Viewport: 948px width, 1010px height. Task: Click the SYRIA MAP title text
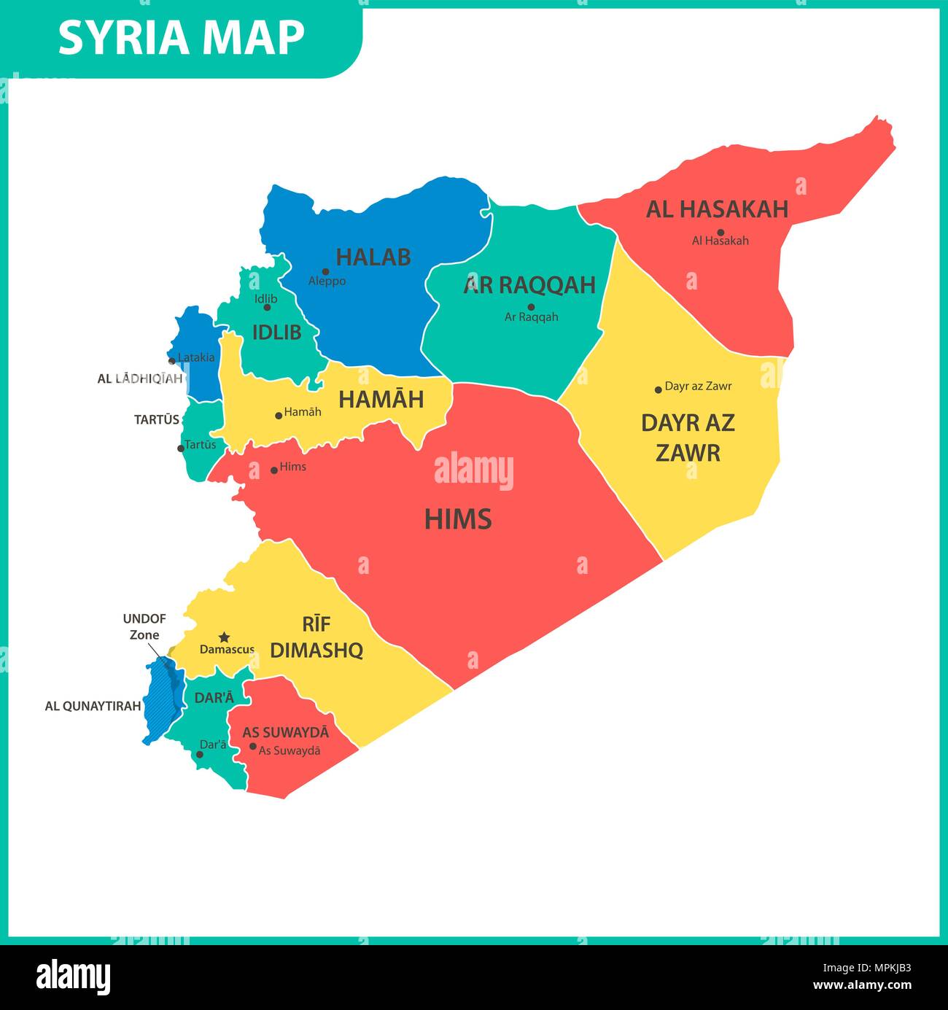pos(181,37)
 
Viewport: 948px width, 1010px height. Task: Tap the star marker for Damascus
pos(225,637)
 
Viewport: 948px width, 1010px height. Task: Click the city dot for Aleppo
pos(325,271)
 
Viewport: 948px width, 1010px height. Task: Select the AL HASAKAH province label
pos(717,209)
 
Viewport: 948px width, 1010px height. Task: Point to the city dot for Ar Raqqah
pos(531,307)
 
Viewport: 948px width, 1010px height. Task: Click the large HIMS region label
pos(458,519)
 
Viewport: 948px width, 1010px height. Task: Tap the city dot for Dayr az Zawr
pos(658,389)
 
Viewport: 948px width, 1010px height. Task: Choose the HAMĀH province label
pos(381,400)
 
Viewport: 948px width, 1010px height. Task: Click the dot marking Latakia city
pos(172,360)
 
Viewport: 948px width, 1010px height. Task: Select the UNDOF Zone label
pos(144,626)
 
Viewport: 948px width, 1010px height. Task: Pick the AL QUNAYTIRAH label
pos(93,706)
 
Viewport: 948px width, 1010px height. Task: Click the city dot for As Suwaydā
pos(253,746)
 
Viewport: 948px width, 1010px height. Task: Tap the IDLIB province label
pos(276,333)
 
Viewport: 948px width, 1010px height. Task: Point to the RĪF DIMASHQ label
pos(316,637)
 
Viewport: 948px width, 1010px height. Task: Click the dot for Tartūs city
pos(181,448)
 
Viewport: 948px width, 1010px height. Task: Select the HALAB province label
pos(373,257)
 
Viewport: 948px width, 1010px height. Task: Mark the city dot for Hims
pos(274,470)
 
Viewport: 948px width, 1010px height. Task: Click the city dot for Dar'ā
pos(199,754)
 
